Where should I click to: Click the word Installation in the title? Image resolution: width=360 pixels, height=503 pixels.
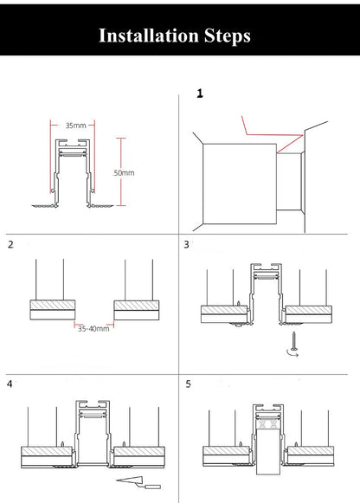147,35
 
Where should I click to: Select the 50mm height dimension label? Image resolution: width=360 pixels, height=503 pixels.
125,173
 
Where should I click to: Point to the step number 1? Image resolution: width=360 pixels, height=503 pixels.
200,93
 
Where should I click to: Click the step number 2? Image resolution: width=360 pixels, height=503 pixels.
10,245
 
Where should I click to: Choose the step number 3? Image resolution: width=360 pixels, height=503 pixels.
187,245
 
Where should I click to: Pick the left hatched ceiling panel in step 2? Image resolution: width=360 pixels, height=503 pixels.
49,309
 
